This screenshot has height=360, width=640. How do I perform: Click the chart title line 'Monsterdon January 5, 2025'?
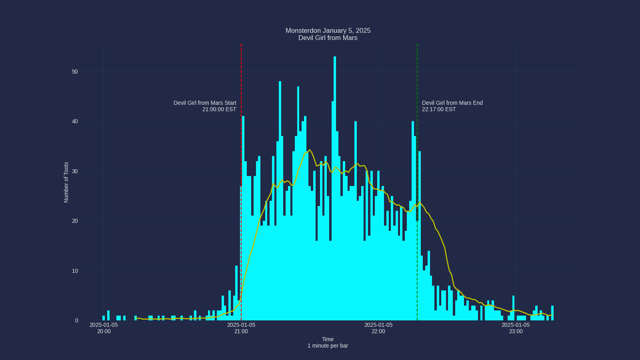click(x=328, y=31)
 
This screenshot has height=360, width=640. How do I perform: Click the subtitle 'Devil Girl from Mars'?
click(x=328, y=38)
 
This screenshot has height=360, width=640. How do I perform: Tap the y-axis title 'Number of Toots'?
click(x=66, y=182)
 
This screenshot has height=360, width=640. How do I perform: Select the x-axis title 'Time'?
click(x=328, y=339)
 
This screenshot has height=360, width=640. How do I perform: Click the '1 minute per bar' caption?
click(x=328, y=346)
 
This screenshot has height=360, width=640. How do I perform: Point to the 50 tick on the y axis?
click(x=75, y=72)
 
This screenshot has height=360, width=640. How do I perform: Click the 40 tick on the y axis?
click(x=75, y=122)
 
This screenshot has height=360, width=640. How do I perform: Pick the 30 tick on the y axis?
click(x=75, y=171)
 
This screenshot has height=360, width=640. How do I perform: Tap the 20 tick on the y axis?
click(x=75, y=221)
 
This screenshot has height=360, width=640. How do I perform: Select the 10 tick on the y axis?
click(x=75, y=271)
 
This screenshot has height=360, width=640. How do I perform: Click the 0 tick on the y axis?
click(x=76, y=320)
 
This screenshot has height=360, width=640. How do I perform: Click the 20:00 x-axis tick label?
click(x=104, y=328)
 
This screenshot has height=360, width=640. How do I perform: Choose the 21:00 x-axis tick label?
click(x=241, y=328)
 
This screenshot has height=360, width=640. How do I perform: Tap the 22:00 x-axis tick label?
click(x=378, y=328)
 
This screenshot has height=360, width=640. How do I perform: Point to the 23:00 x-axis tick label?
click(x=516, y=328)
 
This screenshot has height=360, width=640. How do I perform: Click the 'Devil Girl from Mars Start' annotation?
click(x=205, y=106)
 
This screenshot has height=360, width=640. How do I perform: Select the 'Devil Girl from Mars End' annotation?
click(x=452, y=106)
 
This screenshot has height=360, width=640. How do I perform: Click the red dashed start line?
click(x=241, y=80)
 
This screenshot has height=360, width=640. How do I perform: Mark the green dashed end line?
click(x=417, y=80)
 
